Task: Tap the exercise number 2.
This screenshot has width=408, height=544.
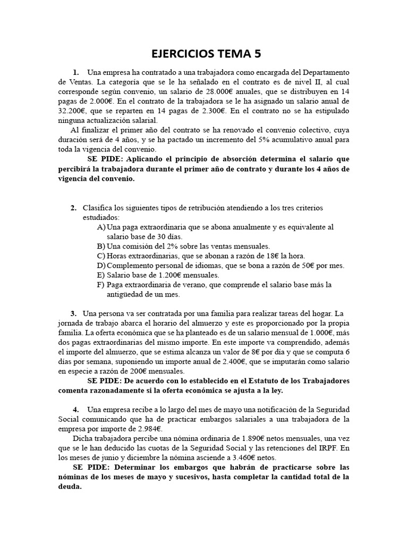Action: click(x=74, y=207)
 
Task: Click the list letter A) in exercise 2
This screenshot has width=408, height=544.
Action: click(x=101, y=227)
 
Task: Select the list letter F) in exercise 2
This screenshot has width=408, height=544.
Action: click(x=101, y=285)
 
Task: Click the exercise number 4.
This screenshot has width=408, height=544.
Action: click(x=74, y=410)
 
